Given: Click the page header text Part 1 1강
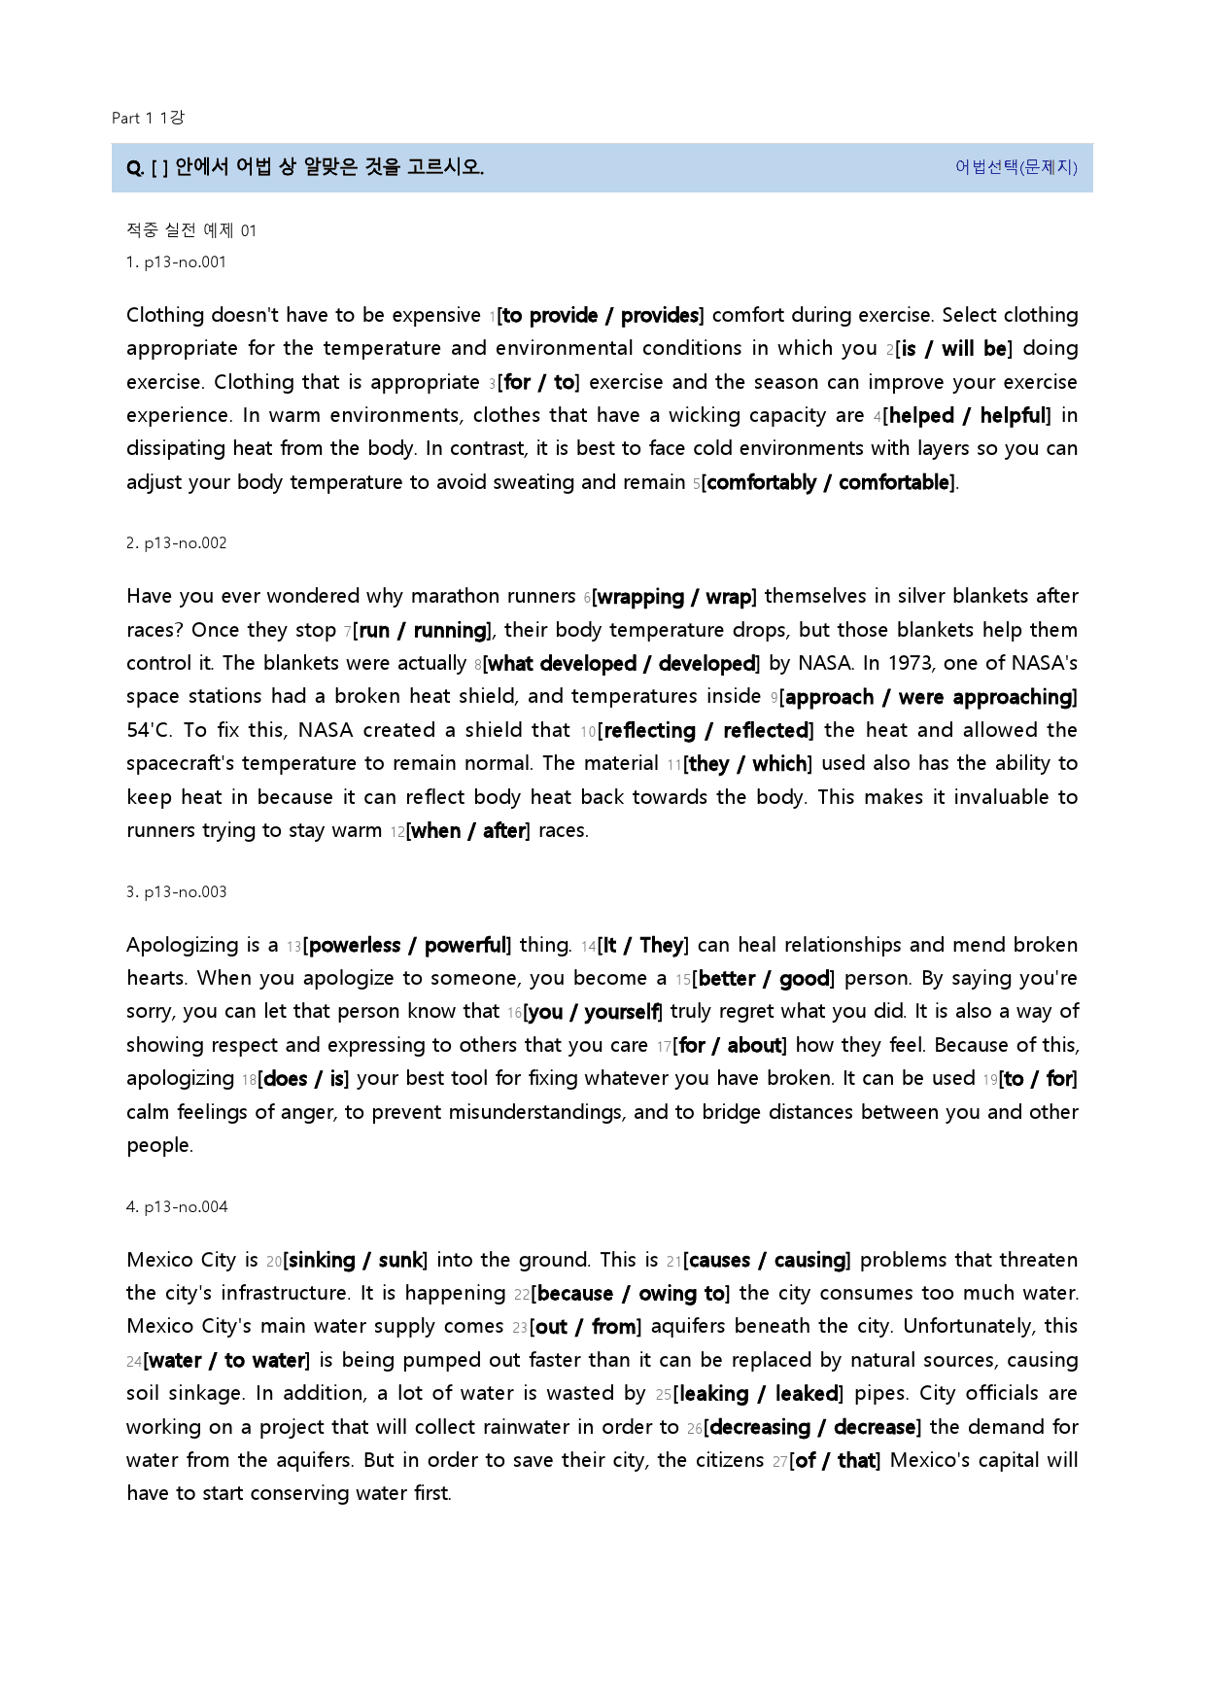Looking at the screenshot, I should (148, 118).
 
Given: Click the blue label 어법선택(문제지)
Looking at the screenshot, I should (1016, 167).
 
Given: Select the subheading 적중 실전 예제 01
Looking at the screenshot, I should (191, 230).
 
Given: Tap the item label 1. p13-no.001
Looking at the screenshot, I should (176, 261).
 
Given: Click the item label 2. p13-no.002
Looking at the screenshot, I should (176, 542).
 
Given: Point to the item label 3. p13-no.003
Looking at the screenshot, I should (176, 891).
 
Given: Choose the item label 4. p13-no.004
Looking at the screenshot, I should (177, 1206).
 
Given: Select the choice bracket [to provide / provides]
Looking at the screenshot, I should (601, 316).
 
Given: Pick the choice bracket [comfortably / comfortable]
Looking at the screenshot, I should (829, 483).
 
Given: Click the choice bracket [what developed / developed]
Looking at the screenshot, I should (621, 664).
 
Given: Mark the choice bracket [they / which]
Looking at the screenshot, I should (747, 764).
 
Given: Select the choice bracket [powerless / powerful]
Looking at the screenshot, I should (407, 946).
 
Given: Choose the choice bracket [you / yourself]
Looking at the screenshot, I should (593, 1012).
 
